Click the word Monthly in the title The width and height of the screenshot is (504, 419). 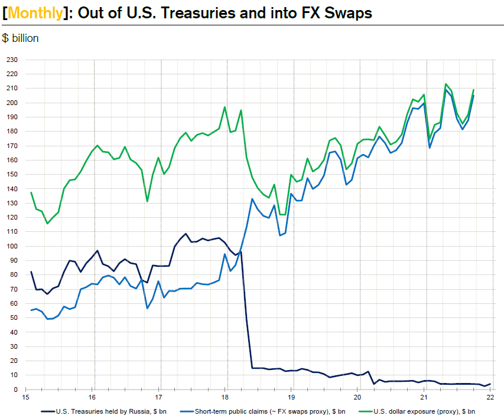(x=35, y=12)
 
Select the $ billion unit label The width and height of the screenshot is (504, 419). (x=21, y=39)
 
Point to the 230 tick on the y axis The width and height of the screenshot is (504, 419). (x=12, y=60)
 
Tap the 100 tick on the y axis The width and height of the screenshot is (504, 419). (x=12, y=246)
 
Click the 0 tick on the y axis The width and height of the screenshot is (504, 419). (x=16, y=389)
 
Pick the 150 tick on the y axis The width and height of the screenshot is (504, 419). (x=12, y=174)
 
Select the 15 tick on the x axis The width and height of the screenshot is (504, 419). (x=25, y=397)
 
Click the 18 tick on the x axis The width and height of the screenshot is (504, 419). (x=225, y=397)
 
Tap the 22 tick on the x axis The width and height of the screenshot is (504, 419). (x=490, y=397)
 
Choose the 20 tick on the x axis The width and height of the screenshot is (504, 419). (x=357, y=397)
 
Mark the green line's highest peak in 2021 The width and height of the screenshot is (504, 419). (x=446, y=84)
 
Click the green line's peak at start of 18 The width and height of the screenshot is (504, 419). (x=225, y=107)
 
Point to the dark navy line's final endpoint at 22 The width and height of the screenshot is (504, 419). (x=490, y=384)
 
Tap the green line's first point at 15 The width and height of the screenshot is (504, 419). (x=31, y=192)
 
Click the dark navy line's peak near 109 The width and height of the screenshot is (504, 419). (x=186, y=234)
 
